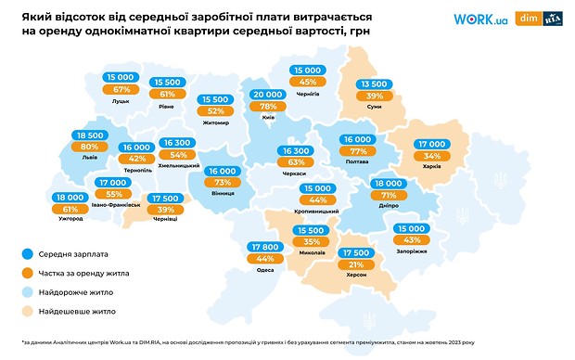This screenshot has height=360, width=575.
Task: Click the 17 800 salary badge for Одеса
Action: [264, 246]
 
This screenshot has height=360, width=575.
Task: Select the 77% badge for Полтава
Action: [357, 152]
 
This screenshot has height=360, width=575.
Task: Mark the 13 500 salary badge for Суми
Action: [374, 84]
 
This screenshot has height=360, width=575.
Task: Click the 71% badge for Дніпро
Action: [388, 197]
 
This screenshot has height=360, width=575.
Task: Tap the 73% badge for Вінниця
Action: [224, 183]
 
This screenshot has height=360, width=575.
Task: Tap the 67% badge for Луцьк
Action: [121, 89]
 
